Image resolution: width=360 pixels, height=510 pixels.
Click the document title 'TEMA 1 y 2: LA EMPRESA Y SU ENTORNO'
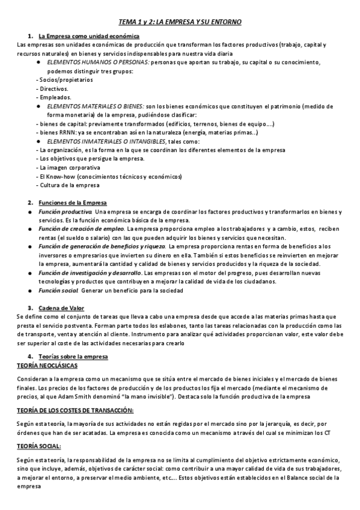[180, 22]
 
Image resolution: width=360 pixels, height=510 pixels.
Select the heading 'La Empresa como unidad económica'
[81, 36]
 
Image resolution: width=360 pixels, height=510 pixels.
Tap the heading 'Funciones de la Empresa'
[68, 202]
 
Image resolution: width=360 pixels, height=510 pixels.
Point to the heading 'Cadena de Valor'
[58, 308]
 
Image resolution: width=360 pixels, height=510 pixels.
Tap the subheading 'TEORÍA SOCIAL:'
[39, 446]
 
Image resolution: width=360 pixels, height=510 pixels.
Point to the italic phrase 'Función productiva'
[66, 212]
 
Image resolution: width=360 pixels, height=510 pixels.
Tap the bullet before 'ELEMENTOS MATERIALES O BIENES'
[39, 106]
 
